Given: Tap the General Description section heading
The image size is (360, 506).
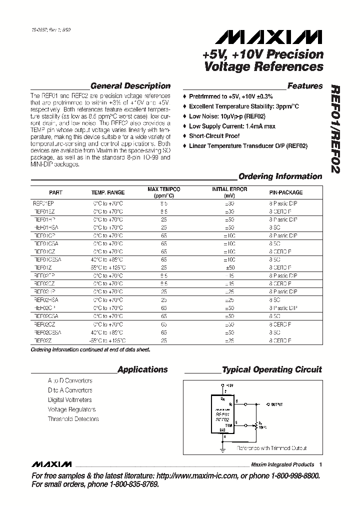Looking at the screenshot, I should [130, 86].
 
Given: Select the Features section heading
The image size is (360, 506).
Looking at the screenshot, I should [305, 86].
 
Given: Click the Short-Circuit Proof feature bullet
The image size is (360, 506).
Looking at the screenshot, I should [214, 136].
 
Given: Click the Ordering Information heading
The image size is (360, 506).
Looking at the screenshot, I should [280, 176].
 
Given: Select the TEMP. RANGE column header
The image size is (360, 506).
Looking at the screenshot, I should [107, 192].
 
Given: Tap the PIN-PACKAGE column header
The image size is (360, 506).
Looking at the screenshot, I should [285, 192].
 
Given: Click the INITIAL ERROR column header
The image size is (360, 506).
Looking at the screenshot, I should [229, 192].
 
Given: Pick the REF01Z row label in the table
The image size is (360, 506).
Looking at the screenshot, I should [43, 267].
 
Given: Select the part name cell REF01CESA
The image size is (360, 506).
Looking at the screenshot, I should [47, 259].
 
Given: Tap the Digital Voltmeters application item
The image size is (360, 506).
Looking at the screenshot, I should [69, 400].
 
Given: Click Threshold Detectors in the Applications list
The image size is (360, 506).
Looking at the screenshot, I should [73, 419].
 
